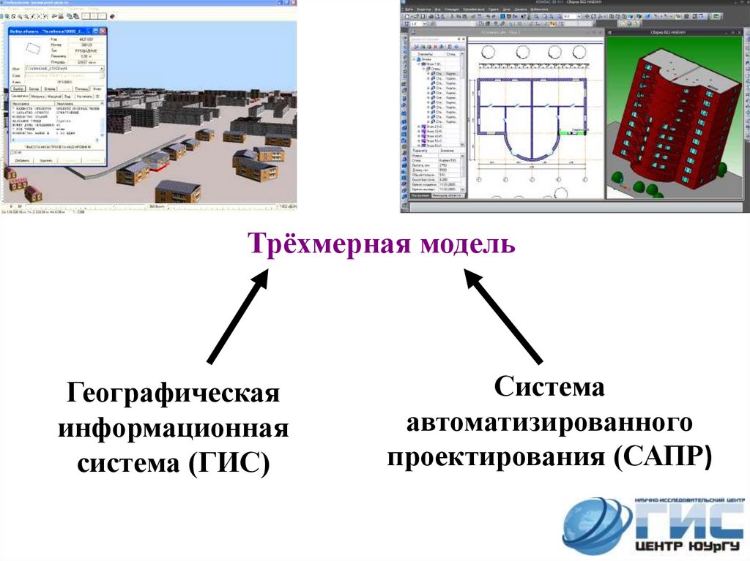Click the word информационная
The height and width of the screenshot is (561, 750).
pyautogui.click(x=174, y=429)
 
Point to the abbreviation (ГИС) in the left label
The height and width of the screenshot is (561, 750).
pyautogui.click(x=230, y=463)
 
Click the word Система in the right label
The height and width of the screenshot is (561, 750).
pyautogui.click(x=549, y=388)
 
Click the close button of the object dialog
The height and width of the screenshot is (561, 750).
pyautogui.click(x=103, y=31)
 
